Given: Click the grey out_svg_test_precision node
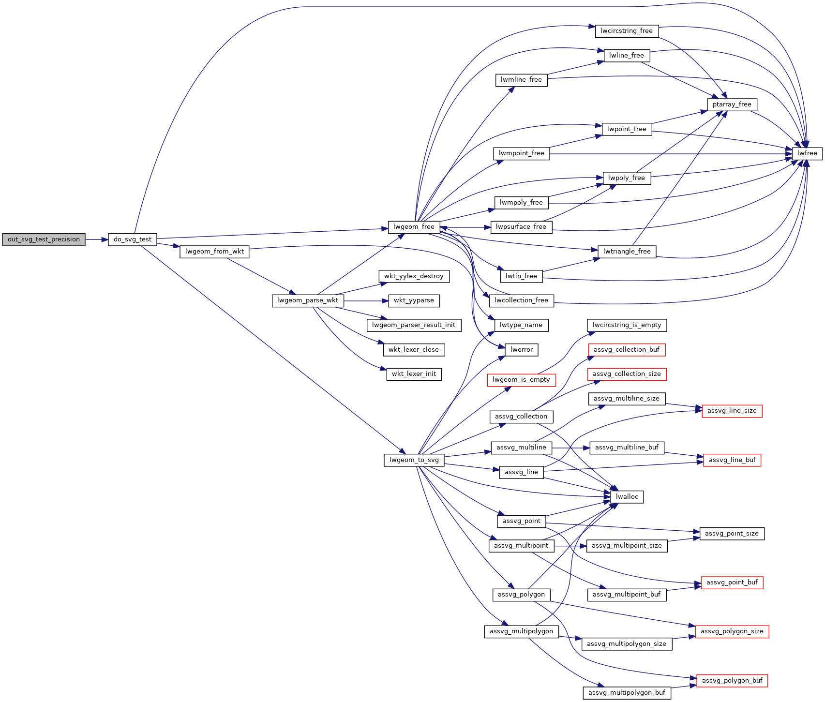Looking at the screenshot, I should tap(44, 239).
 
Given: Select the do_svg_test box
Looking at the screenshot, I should tap(133, 239).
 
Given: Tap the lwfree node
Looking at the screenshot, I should tap(807, 153).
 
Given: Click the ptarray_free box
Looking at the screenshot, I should tap(732, 105).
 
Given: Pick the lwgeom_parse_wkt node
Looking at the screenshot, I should tap(308, 300).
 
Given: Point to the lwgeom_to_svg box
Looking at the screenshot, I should tap(414, 460).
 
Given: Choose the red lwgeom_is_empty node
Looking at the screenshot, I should tap(521, 380).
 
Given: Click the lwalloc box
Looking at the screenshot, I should tap(627, 497).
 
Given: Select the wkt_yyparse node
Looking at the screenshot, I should tap(414, 300).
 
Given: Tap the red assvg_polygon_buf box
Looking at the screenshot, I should tap(732, 681).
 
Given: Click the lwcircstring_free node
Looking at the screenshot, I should tap(627, 31).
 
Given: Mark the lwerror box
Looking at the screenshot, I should tap(521, 350).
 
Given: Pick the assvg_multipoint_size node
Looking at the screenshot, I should tap(627, 546).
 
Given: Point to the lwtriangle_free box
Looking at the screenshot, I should tap(627, 252).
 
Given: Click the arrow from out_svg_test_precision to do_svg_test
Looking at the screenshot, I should tap(96, 239).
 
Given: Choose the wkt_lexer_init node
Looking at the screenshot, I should tap(414, 374).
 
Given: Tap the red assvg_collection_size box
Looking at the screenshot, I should tap(627, 374).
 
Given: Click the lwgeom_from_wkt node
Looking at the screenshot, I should tap(214, 252).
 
